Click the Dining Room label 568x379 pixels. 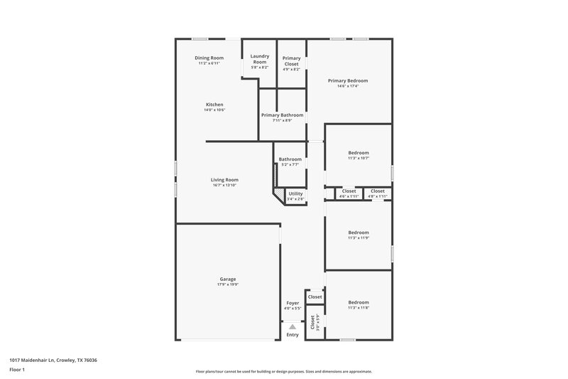(x=209, y=58)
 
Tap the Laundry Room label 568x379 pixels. (x=259, y=58)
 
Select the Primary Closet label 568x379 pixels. (x=291, y=60)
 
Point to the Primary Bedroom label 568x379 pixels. (x=348, y=80)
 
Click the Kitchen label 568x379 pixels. (x=214, y=105)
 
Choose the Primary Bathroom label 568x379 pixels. (x=282, y=114)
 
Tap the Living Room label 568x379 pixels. (x=224, y=180)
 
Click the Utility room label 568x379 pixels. (x=295, y=193)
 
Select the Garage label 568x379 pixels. (x=227, y=279)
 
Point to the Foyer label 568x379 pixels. (x=293, y=303)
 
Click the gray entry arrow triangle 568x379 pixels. (x=293, y=326)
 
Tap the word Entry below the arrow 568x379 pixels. (x=293, y=335)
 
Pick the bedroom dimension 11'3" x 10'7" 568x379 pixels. (x=359, y=159)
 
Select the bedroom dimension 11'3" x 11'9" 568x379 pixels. (x=359, y=238)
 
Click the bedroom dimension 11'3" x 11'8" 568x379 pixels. (x=359, y=308)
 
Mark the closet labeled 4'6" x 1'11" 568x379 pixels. (x=349, y=196)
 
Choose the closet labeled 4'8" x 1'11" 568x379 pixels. (x=377, y=196)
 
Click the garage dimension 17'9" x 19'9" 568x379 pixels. (x=227, y=284)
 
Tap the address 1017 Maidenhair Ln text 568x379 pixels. (x=53, y=361)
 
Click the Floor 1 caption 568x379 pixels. (x=18, y=370)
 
